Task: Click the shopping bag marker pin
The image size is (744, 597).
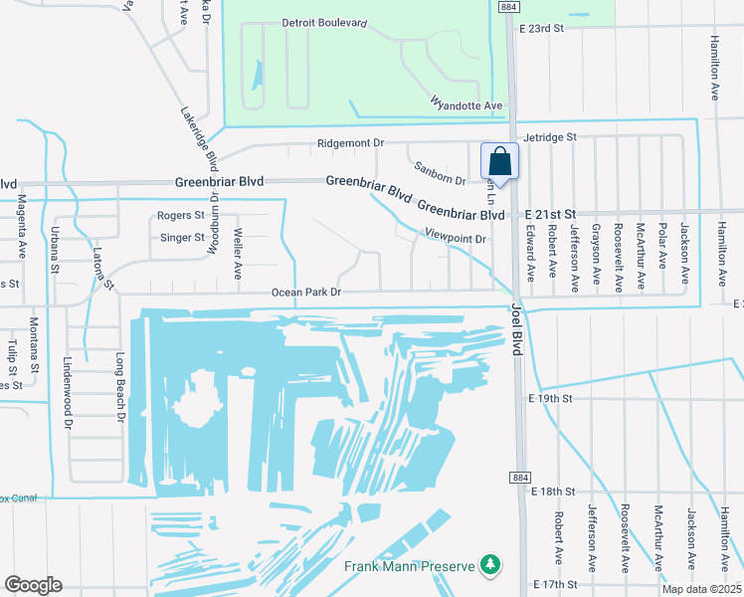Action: [499, 162]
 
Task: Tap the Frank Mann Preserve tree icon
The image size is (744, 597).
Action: [488, 565]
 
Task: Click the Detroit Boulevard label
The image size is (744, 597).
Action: [324, 22]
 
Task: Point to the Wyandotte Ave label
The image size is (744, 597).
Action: [466, 105]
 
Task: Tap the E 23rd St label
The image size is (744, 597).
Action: [541, 29]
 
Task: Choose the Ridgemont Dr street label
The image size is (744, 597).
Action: [350, 143]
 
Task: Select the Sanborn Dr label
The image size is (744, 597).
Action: [440, 173]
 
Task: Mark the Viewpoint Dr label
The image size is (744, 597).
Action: [455, 239]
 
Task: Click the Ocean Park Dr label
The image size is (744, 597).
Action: [307, 293]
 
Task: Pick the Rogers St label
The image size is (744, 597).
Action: [181, 215]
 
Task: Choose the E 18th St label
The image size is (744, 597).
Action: [554, 492]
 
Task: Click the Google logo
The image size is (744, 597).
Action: [33, 585]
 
